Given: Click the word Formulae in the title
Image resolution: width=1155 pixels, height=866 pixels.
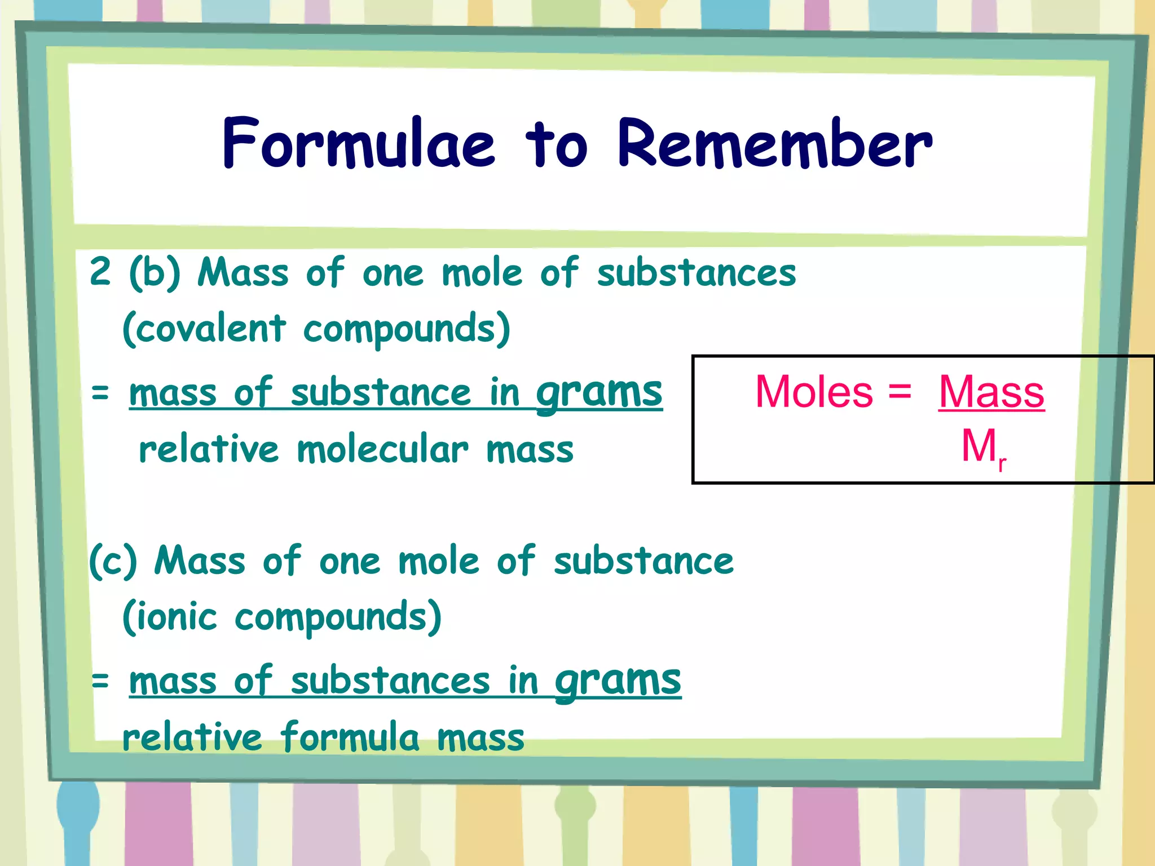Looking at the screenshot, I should (359, 143).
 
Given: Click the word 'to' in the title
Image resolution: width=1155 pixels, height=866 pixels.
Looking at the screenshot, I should (556, 145).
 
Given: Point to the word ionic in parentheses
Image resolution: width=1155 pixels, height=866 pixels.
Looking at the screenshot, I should (176, 617).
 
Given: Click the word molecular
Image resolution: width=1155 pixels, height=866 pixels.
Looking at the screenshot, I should (382, 450).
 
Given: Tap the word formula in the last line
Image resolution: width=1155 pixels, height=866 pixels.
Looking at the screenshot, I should (350, 737).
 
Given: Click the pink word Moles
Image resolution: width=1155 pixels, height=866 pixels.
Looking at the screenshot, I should (813, 392).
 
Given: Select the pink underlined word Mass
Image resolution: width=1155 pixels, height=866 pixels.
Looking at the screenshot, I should (991, 392).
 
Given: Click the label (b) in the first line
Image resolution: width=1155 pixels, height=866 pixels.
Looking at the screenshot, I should (155, 273).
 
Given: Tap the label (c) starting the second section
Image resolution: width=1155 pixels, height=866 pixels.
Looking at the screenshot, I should (113, 562).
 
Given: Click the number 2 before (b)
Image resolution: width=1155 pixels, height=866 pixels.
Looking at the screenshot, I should (100, 272).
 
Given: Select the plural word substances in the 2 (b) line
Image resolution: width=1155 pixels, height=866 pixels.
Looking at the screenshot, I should (696, 273).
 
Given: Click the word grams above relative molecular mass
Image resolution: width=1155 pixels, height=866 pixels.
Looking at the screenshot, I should (599, 393).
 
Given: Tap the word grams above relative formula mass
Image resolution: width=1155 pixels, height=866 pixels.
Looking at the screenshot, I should (618, 681).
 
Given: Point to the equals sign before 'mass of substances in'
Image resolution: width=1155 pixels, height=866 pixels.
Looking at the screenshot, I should (100, 681).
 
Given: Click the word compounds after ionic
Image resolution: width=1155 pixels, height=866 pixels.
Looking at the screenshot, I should (337, 618).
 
